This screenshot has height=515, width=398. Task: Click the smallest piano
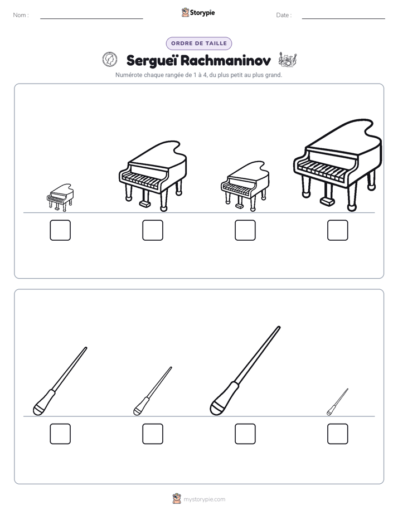point(60,197)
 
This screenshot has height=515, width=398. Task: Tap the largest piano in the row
point(338,165)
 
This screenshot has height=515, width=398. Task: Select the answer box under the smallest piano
point(60,230)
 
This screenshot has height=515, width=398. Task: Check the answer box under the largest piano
point(338,230)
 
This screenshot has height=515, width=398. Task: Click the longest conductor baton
point(245,371)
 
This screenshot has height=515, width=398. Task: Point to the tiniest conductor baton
point(337,402)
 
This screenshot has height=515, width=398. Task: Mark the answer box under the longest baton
point(245,434)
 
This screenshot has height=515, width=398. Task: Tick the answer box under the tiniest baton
point(338,434)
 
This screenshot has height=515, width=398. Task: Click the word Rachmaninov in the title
point(226,60)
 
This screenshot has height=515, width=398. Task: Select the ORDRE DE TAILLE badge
point(199,43)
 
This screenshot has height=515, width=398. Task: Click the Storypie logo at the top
point(198,13)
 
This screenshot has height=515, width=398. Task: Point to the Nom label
point(21,15)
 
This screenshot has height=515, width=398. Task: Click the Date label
point(284,15)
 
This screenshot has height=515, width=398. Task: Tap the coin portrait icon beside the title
point(110,60)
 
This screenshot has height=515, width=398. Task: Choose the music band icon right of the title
point(288,60)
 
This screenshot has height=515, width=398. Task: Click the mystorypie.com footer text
point(204,499)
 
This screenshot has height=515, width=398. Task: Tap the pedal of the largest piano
point(327,201)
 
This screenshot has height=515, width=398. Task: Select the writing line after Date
point(343,19)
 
